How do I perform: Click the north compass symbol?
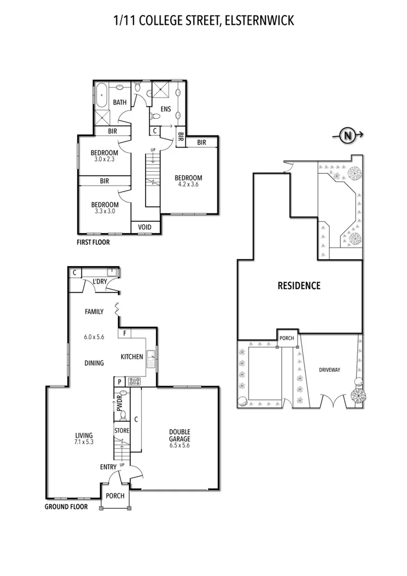pos(347,135)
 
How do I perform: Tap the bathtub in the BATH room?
pos(101,95)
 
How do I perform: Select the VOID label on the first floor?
pos(145,227)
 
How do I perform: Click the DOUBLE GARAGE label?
pos(180,435)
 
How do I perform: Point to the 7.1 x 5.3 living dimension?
pos(84,442)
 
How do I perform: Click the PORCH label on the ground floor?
pos(115,496)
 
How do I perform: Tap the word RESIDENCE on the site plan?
pos(299,285)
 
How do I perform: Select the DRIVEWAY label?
pos(330,370)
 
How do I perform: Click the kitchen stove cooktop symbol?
pos(134,381)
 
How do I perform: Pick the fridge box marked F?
pos(125,333)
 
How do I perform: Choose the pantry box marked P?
pos(119,382)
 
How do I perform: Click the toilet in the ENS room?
pos(155,116)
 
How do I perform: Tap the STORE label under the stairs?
pos(122,430)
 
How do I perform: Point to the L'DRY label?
pos(100,282)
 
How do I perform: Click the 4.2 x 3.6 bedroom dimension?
pos(188,185)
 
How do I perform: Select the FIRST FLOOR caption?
pos(93,242)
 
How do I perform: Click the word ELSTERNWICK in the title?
pos(259,21)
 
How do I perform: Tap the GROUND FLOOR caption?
pos(66,507)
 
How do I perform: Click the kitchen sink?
pos(150,359)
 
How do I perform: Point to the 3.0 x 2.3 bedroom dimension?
pos(105,159)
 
